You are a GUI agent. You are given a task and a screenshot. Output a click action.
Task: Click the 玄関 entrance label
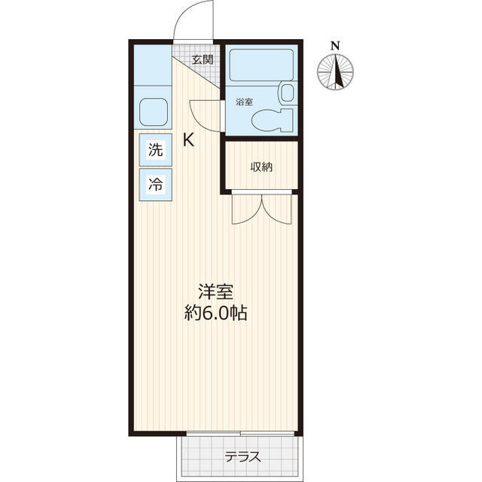tap(203, 59)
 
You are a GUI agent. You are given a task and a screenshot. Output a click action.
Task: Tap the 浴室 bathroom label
tap(244, 102)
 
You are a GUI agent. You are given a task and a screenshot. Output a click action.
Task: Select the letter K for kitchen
tap(188, 140)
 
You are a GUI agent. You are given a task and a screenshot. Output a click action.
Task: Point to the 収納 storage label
tap(261, 167)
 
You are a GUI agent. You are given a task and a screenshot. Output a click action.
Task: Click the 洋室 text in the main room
tap(215, 291)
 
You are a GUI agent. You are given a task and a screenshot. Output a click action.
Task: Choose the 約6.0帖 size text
tap(215, 313)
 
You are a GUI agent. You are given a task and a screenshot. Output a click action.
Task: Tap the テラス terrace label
tap(243, 457)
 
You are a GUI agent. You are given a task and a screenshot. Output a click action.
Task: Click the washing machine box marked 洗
tap(156, 150)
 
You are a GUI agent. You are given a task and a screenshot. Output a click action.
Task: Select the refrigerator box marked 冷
tap(156, 185)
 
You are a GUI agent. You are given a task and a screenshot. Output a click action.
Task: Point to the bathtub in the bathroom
tap(261, 66)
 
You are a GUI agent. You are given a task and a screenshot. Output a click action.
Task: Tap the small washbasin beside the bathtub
tap(286, 93)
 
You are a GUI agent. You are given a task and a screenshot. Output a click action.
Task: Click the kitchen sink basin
tap(154, 112)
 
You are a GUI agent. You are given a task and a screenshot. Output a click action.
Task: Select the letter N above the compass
tap(335, 46)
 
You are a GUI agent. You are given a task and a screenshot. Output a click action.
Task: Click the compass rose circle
tap(335, 72)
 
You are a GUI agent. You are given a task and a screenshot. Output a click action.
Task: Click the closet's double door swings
tap(261, 209)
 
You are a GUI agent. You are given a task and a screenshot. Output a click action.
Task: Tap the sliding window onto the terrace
tap(240, 434)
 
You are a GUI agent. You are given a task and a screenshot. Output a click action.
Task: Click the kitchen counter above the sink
tap(153, 66)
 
